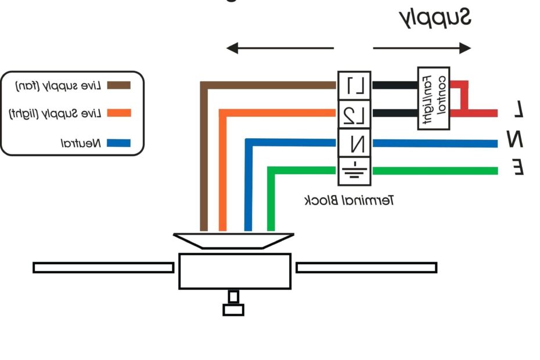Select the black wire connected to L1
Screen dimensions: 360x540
click(395, 85)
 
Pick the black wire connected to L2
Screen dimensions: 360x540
click(395, 113)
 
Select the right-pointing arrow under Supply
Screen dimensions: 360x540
click(422, 48)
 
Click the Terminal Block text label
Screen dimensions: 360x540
click(350, 201)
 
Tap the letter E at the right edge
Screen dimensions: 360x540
click(519, 168)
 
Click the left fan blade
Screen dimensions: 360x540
click(103, 268)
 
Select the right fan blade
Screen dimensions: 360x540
click(366, 268)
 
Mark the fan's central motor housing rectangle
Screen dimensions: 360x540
click(235, 271)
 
